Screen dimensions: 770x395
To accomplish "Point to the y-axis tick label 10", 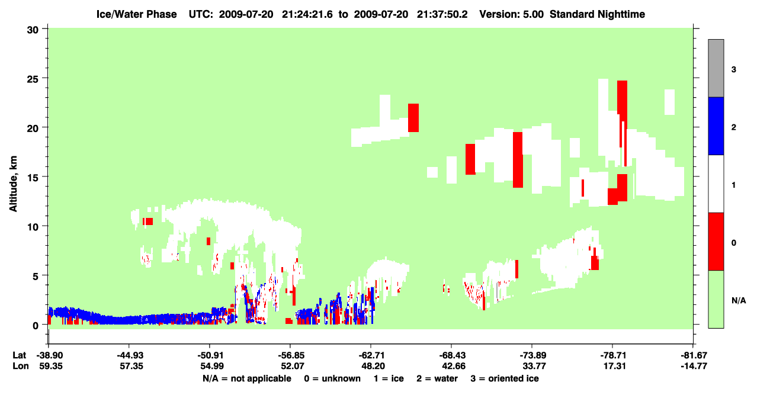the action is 33,227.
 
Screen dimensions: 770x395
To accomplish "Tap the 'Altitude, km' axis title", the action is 13,184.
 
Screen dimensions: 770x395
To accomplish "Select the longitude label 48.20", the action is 373,366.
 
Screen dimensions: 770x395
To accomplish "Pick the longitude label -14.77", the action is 694,366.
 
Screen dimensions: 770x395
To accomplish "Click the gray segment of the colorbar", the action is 716,68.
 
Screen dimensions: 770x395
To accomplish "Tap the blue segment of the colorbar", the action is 716,126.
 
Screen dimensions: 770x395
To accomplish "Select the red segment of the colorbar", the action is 716,242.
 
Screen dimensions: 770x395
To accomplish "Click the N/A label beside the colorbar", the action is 739,301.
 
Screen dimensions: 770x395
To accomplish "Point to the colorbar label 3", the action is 734,70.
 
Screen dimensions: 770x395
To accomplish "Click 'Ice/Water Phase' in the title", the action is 136,14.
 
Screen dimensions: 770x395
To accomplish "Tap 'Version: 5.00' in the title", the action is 512,14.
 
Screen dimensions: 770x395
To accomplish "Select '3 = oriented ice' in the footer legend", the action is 505,378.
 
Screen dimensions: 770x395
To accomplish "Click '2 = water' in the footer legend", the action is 437,378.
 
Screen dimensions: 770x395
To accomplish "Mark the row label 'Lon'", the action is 21,366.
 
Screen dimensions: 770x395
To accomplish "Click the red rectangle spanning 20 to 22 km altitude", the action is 413,118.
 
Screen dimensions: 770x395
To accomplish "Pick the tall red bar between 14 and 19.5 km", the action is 518,160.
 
